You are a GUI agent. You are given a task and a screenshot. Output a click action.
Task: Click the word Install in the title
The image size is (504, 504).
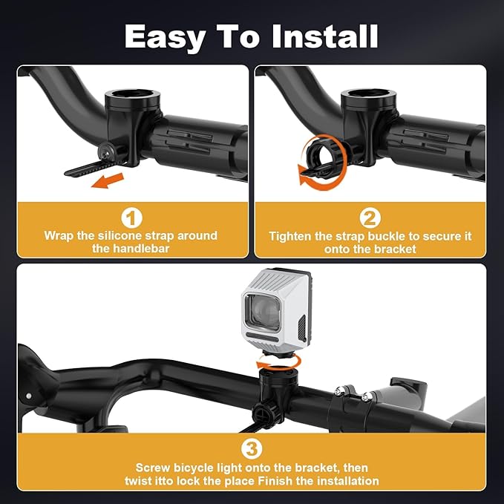324,36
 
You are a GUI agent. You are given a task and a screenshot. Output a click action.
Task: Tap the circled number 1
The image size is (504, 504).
131,218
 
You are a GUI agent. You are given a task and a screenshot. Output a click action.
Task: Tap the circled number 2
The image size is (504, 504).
370,218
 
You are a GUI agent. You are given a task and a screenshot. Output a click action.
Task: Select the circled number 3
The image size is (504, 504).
252,449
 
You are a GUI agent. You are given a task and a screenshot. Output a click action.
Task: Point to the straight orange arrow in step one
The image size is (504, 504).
108,180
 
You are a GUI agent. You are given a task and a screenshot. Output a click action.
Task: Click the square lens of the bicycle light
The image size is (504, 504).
262,312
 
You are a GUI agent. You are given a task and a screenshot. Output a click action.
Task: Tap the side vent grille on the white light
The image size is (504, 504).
301,329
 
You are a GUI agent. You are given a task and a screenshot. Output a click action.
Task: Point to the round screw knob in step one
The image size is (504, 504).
106,151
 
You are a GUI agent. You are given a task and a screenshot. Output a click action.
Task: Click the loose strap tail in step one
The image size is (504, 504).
90,168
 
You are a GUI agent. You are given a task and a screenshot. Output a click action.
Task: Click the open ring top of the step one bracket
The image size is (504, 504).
132,96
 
